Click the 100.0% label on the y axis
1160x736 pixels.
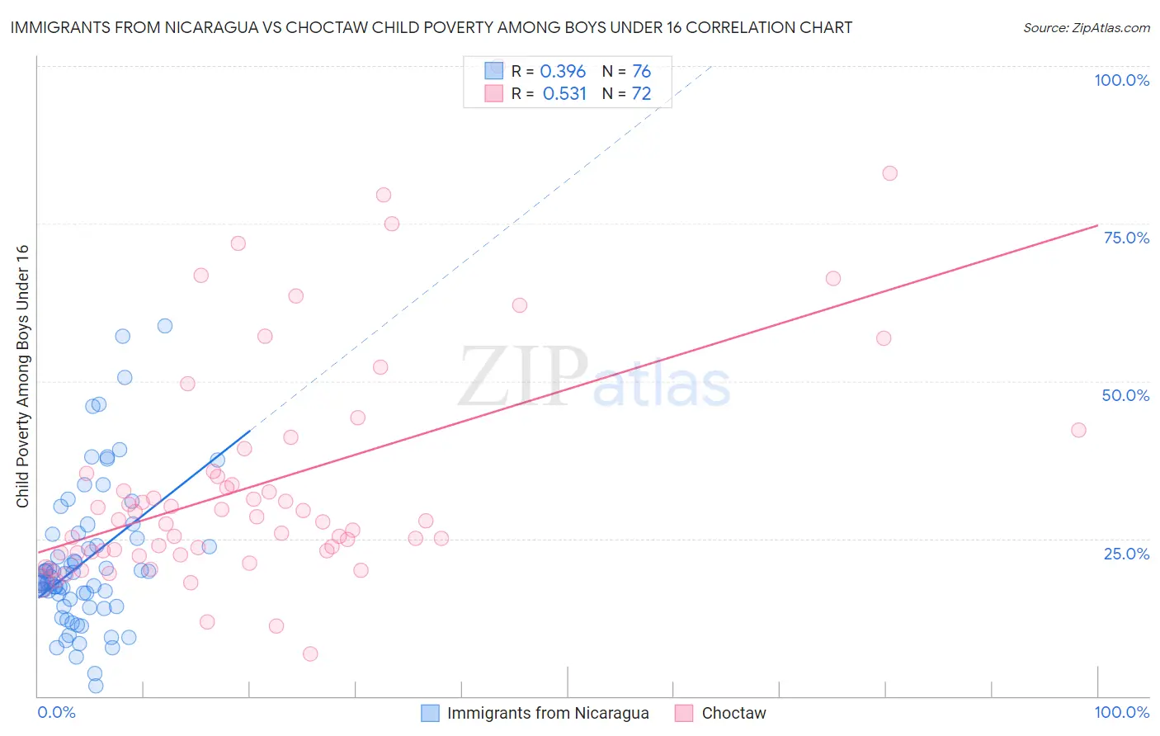1121,80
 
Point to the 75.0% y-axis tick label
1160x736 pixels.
1126,238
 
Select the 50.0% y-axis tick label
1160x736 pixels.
1125,395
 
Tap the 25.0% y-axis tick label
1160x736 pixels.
1126,554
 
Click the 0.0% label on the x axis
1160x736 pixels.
56,712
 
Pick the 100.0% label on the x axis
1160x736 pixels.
1121,712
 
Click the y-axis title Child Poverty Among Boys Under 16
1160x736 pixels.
22,376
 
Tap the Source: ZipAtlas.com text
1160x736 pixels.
1086,27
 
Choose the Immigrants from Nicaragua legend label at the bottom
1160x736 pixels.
548,713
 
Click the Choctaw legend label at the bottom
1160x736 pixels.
733,713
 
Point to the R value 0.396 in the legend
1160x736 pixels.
563,71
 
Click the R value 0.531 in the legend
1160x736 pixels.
564,93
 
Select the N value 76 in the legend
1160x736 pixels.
641,71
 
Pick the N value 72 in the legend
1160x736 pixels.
641,93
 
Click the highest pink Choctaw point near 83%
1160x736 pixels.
889,173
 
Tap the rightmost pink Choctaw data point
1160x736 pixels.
1078,430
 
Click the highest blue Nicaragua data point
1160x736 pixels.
165,326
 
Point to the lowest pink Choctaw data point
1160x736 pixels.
310,653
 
